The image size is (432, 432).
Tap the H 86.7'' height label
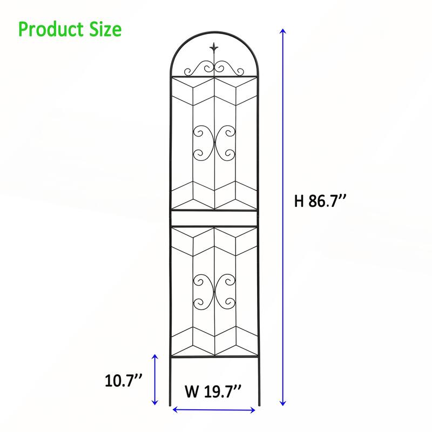320,201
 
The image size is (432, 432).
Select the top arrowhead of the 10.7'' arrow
156,357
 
